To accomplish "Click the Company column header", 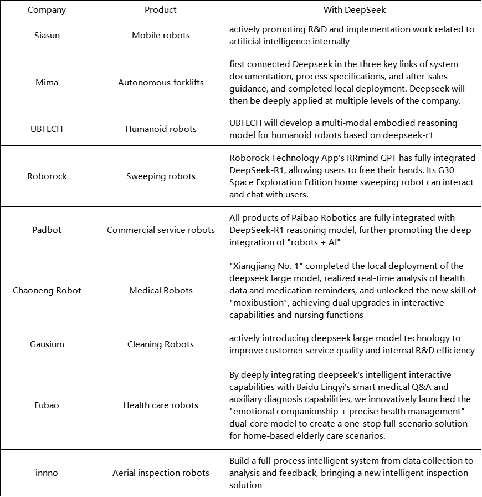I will click(47, 10).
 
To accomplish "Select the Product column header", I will click(161, 10).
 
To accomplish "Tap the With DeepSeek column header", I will click(355, 10).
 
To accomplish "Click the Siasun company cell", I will click(47, 35).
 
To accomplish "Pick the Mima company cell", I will click(47, 83).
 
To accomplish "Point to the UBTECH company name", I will click(47, 129).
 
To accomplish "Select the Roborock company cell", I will click(47, 176).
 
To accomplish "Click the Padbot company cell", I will click(47, 230).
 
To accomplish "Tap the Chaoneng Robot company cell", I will click(47, 291).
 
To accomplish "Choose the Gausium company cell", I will click(47, 344).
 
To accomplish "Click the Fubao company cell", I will click(47, 405).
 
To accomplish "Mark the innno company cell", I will click(47, 473).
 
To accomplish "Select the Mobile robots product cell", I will click(161, 35).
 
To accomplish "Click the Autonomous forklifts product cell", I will click(161, 83).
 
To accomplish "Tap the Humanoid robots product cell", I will click(161, 129).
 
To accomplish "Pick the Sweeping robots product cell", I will click(161, 176).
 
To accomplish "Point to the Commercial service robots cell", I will click(161, 230).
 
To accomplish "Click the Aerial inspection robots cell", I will click(161, 473).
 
